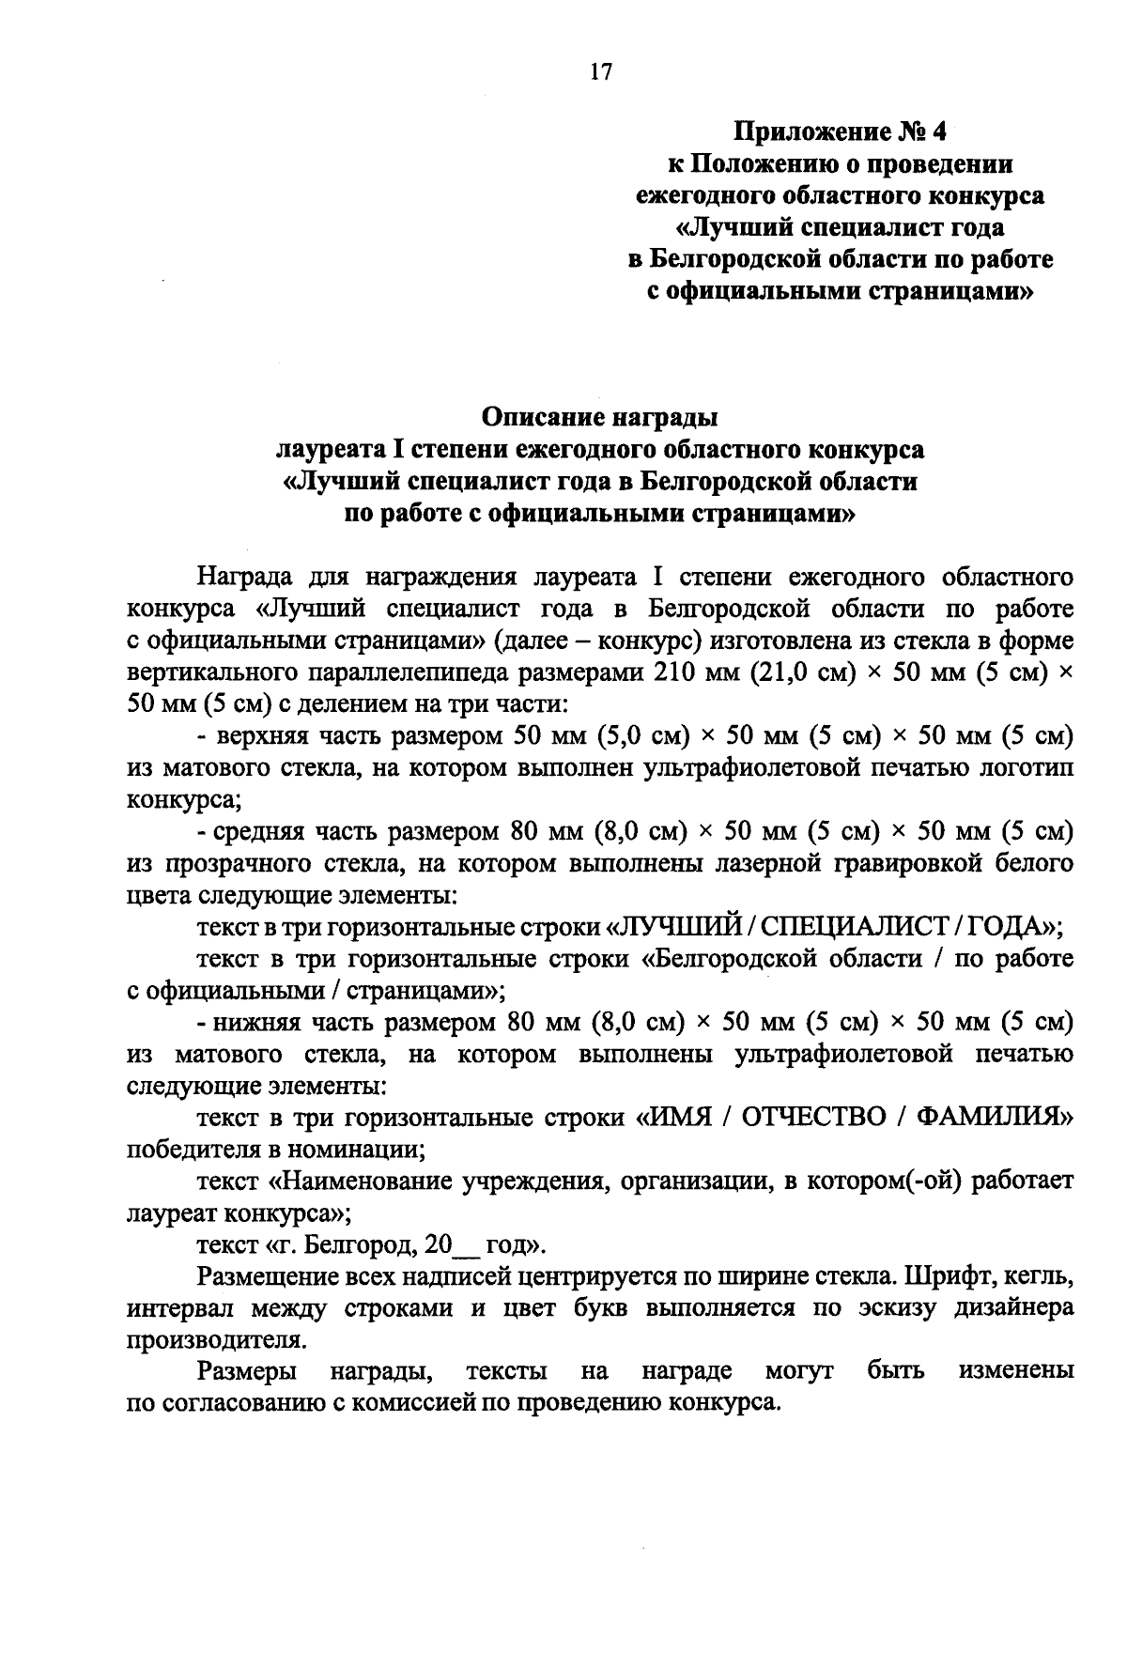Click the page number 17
click(600, 72)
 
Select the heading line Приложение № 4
click(840, 131)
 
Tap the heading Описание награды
click(599, 415)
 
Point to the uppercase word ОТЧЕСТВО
click(812, 1118)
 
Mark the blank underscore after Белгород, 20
click(467, 1246)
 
